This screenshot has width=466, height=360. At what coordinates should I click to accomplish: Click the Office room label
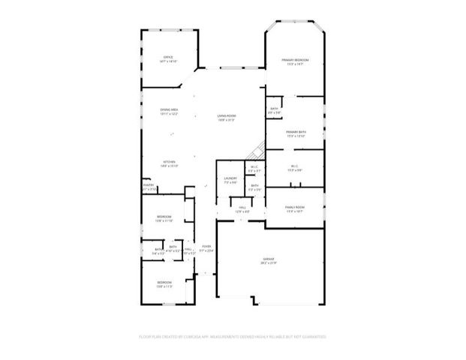169,57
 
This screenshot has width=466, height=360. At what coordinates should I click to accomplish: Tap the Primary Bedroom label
295,59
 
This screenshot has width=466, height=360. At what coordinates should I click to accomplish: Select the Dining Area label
169,109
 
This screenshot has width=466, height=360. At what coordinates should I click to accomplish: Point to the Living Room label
227,115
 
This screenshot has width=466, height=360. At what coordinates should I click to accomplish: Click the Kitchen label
170,162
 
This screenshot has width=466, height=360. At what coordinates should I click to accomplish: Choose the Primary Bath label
296,131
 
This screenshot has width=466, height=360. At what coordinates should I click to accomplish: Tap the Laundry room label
230,178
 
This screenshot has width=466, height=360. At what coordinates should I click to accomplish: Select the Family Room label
294,207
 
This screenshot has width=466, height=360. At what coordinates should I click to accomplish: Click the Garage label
269,259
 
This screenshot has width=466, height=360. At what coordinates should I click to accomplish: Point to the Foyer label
206,246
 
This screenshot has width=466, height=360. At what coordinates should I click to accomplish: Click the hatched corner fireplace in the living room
257,149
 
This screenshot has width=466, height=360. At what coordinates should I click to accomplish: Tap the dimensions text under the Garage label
269,263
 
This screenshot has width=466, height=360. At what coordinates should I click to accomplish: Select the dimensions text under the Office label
169,61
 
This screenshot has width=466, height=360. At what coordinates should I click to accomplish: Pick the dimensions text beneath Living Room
227,120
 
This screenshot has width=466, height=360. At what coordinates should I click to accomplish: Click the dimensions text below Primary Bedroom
295,64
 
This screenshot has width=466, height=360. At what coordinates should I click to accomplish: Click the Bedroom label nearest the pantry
164,217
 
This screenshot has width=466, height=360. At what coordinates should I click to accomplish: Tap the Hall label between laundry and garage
242,207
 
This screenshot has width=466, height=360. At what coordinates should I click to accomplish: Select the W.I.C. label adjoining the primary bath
295,166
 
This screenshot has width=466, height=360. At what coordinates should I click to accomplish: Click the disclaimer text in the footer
233,337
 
